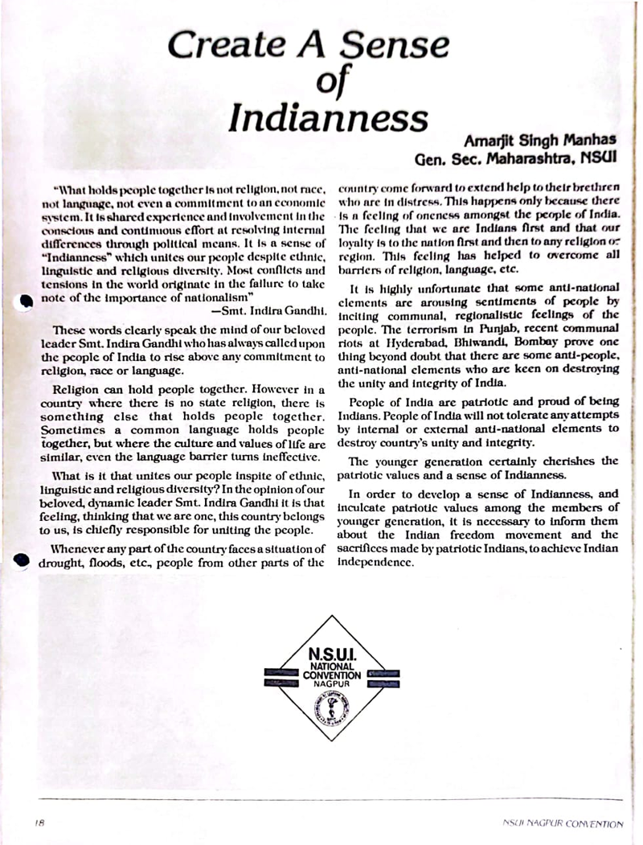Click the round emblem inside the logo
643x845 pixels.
[328, 708]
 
